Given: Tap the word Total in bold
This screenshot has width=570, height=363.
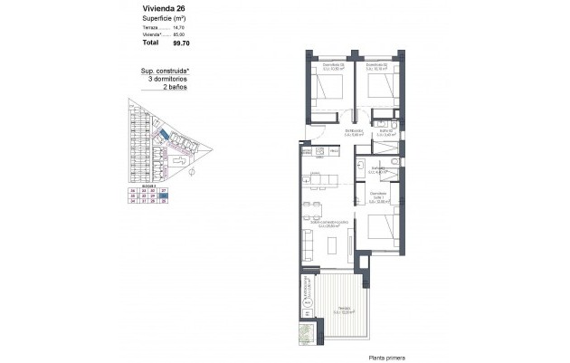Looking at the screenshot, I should (150, 42).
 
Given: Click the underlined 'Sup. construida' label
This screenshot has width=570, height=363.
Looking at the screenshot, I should (164, 71).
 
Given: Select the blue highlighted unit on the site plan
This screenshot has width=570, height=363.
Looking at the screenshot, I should (166, 135).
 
